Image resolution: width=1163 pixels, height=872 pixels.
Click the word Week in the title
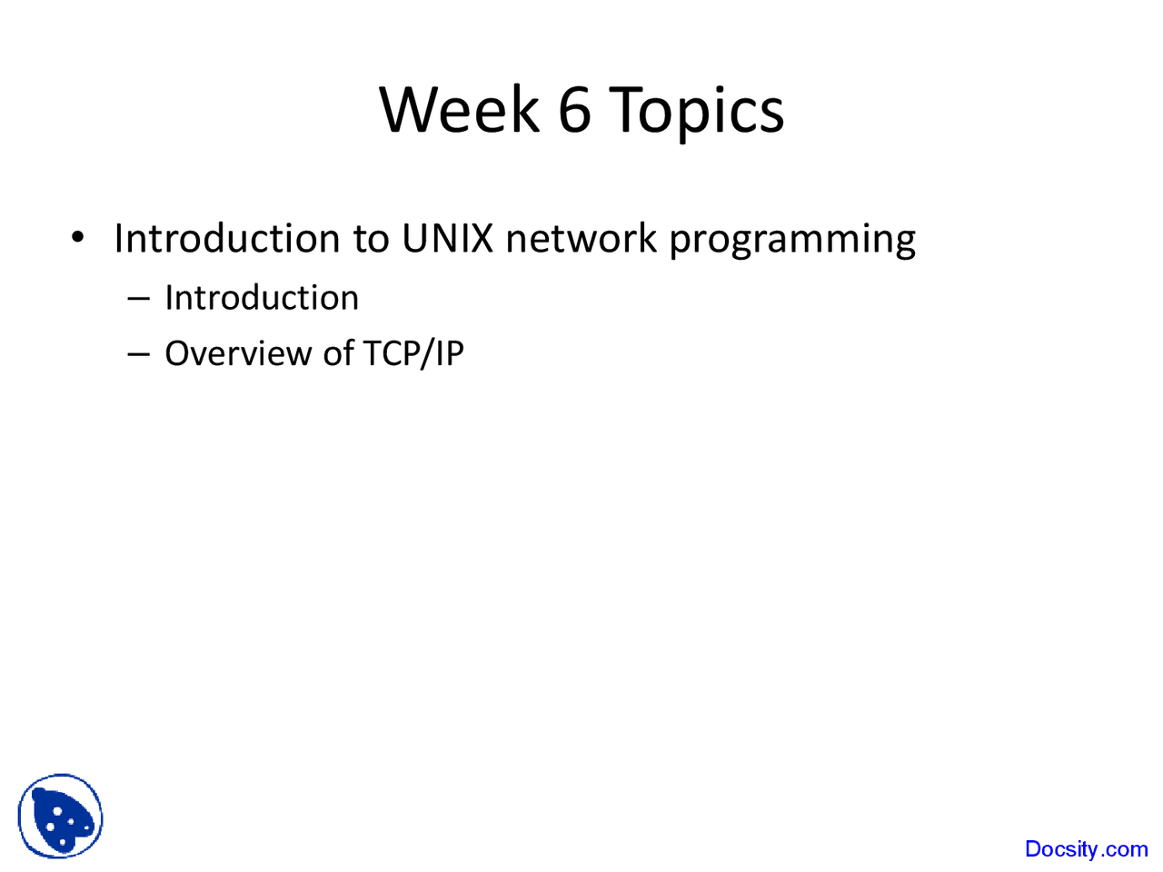tap(459, 110)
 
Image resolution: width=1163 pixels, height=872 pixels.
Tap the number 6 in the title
tap(574, 110)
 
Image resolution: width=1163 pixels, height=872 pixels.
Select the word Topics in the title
tap(696, 114)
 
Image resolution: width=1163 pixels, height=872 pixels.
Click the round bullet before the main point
tap(77, 237)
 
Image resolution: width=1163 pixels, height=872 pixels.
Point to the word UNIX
tap(448, 238)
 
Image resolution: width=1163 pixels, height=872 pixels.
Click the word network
tap(581, 238)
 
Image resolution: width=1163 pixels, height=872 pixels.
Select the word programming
tap(792, 242)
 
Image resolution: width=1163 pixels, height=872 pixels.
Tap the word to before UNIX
tap(371, 239)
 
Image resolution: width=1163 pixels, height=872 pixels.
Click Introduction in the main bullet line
tap(227, 238)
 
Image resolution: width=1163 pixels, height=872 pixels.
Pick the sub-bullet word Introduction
tap(262, 297)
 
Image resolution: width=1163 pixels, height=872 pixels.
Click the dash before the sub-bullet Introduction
tap(138, 299)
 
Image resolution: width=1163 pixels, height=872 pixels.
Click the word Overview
tap(238, 352)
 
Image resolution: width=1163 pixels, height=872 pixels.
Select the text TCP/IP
tap(413, 353)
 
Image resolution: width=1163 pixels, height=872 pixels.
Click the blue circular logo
tap(60, 816)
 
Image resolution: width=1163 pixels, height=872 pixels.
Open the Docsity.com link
tap(1086, 849)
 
